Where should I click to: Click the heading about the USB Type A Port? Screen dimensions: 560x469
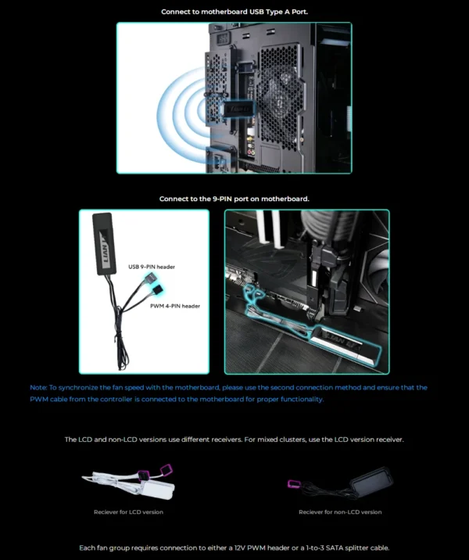[x=234, y=12]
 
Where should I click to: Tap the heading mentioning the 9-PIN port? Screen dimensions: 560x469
[x=234, y=199]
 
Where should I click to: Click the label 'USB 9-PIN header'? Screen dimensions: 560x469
[x=152, y=267]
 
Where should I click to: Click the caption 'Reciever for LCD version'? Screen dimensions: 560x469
[x=128, y=512]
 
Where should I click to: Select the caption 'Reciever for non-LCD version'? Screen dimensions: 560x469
[x=340, y=512]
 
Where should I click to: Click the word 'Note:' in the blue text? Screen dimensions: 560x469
[x=38, y=388]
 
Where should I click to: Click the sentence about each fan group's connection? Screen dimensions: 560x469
[x=234, y=547]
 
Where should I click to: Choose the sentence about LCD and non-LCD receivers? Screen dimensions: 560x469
[x=234, y=440]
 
